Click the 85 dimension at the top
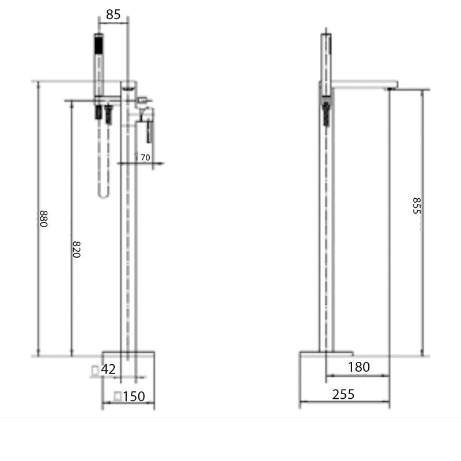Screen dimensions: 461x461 point(114,14)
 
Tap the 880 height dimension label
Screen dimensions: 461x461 point(43,219)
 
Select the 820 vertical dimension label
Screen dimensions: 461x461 point(76,248)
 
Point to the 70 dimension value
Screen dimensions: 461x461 point(145,157)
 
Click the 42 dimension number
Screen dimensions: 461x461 point(109,369)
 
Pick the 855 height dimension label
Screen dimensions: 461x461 point(417,206)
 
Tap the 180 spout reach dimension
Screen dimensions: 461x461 point(359,366)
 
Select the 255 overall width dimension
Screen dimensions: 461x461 point(343,394)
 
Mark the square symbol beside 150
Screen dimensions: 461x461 point(119,396)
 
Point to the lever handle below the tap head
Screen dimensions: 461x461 point(149,130)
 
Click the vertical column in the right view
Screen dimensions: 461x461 point(326,231)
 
